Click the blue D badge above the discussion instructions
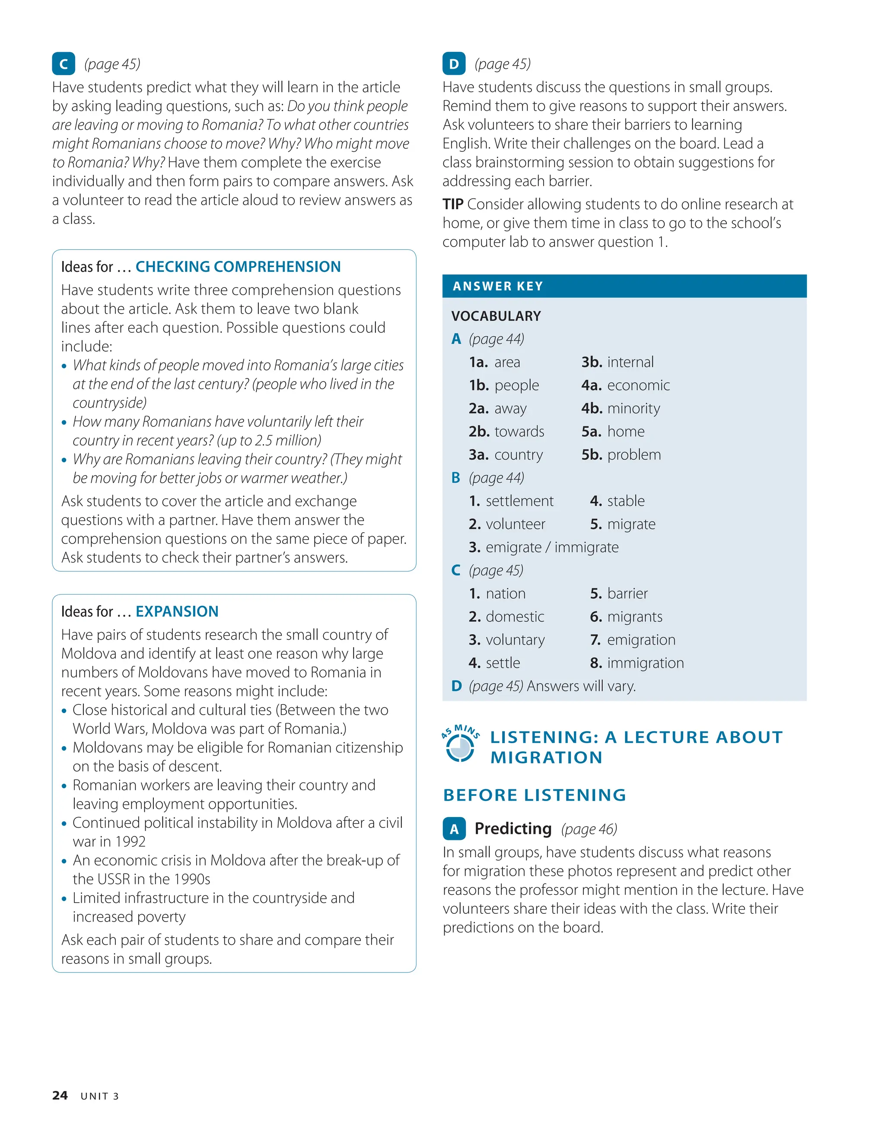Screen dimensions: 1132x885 pyautogui.click(x=454, y=64)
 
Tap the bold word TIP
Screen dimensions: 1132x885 pyautogui.click(x=452, y=204)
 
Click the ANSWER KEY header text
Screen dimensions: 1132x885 pyautogui.click(x=498, y=286)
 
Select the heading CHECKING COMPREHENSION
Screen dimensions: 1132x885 pyautogui.click(x=238, y=267)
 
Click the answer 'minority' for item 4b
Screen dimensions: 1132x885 pyautogui.click(x=634, y=408)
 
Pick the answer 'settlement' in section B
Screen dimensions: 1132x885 pyautogui.click(x=519, y=501)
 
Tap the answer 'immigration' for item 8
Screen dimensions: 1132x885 pyautogui.click(x=646, y=662)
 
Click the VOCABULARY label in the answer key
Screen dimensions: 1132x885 pyautogui.click(x=496, y=316)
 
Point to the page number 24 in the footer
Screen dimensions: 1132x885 pyautogui.click(x=60, y=1095)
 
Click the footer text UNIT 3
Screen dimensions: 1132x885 pyautogui.click(x=99, y=1096)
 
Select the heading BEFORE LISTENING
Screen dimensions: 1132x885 pyautogui.click(x=535, y=795)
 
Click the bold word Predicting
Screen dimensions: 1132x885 pyautogui.click(x=513, y=828)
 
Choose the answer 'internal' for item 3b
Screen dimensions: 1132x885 pyautogui.click(x=630, y=362)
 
